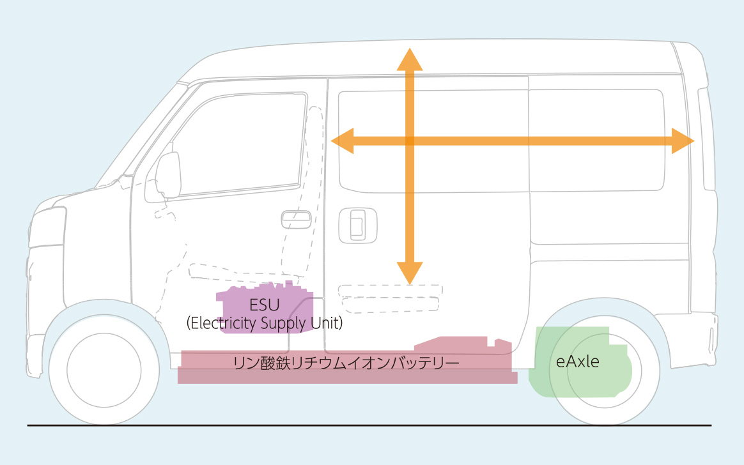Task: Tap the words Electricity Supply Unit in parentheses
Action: pos(265,323)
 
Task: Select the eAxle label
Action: pos(578,362)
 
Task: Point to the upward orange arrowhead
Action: pos(410,57)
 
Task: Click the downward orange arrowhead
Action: pos(410,273)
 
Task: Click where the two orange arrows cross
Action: pos(410,141)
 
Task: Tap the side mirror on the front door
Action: pos(168,174)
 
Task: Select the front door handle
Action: pos(297,218)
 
